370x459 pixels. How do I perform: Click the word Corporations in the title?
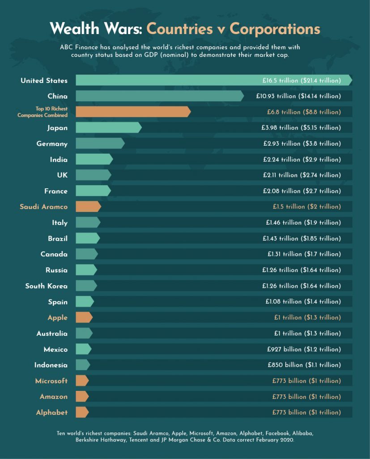point(275,29)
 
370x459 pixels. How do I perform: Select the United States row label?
point(44,81)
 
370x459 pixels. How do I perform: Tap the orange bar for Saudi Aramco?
point(88,207)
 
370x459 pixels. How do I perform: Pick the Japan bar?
point(108,128)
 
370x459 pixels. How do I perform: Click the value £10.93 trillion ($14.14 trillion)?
point(298,96)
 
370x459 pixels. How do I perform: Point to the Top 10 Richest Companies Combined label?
point(43,112)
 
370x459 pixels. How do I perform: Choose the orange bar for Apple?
point(84,317)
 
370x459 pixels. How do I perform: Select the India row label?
point(59,160)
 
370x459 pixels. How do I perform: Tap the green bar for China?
point(159,96)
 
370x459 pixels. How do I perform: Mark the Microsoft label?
point(51,381)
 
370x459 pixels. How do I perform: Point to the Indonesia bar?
point(83,365)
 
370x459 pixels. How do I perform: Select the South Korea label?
point(47,286)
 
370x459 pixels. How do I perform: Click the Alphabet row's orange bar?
point(82,412)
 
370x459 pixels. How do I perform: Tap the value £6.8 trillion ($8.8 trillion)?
point(302,112)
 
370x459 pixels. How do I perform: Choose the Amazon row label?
point(54,397)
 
